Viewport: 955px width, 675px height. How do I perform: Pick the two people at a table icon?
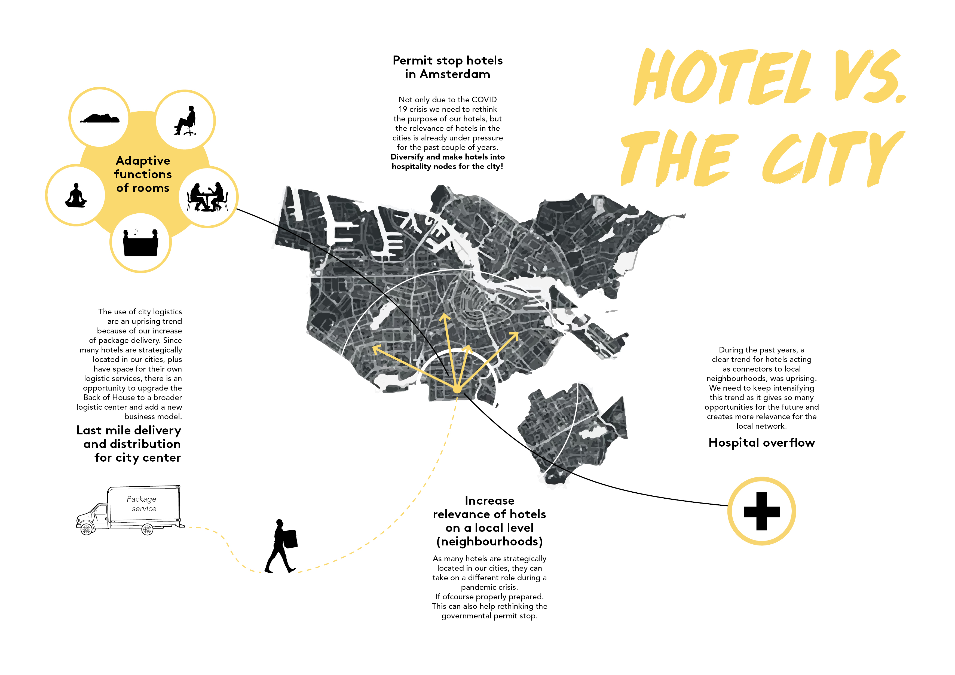coord(207,197)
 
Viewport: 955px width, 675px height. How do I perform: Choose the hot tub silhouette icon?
coord(140,243)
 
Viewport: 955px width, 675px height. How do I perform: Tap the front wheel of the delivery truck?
coord(87,529)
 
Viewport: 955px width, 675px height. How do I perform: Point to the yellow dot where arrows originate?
coord(457,389)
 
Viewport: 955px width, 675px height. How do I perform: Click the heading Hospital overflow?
coord(762,443)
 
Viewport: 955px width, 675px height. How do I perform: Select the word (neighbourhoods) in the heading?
coord(489,542)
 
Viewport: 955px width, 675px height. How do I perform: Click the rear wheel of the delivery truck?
coord(148,529)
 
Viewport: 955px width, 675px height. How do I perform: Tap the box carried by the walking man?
coord(290,539)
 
